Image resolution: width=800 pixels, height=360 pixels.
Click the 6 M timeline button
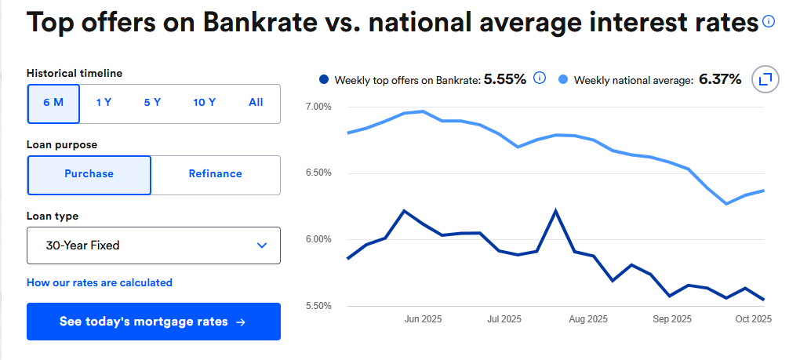pyautogui.click(x=53, y=103)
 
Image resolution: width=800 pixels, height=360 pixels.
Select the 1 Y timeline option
pyautogui.click(x=104, y=103)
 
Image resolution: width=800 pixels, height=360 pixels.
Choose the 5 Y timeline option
pyautogui.click(x=152, y=103)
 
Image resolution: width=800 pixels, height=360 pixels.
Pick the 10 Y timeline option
pyautogui.click(x=205, y=103)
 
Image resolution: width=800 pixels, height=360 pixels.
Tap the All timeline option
pyautogui.click(x=256, y=103)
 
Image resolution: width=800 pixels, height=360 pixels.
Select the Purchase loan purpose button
pyautogui.click(x=89, y=174)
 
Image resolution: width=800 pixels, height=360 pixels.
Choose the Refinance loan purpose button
pyautogui.click(x=215, y=174)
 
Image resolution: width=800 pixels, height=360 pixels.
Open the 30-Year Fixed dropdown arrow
pyautogui.click(x=262, y=245)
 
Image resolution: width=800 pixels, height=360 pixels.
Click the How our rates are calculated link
pyautogui.click(x=100, y=282)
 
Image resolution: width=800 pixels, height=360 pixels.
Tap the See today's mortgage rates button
pyautogui.click(x=153, y=322)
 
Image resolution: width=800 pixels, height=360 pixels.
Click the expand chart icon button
pyautogui.click(x=765, y=79)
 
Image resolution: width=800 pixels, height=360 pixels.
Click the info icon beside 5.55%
pyautogui.click(x=540, y=78)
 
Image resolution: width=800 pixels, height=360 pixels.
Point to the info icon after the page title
pyautogui.click(x=769, y=21)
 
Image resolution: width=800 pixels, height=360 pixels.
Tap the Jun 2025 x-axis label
pyautogui.click(x=423, y=319)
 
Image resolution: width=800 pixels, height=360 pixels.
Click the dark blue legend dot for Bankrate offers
pyautogui.click(x=324, y=80)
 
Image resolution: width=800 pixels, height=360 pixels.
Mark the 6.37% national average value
pyautogui.click(x=720, y=79)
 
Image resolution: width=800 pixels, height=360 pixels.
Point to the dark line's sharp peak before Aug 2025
pyautogui.click(x=556, y=210)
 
